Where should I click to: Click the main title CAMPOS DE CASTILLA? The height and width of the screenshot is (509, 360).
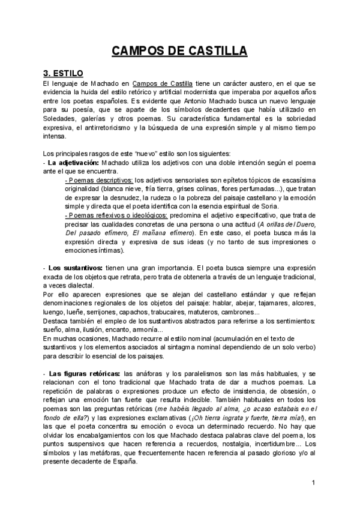tap(179, 51)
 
